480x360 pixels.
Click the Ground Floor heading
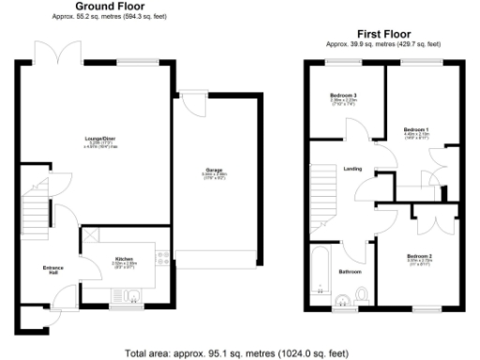100,7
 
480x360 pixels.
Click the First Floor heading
382,34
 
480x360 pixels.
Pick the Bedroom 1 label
415,128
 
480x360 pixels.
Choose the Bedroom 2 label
418,255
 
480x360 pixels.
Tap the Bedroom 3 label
342,95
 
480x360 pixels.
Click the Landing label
352,168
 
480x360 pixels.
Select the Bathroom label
351,271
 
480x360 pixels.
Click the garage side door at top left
188,100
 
